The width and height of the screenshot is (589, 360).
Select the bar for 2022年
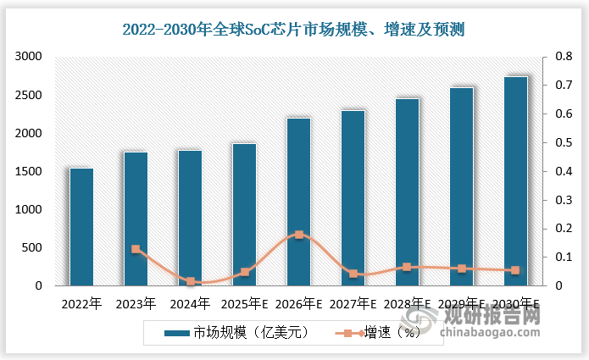point(81,227)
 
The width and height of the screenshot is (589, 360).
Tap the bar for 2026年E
point(298,202)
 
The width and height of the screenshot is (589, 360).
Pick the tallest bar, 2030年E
point(515,181)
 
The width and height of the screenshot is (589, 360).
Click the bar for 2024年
point(190,218)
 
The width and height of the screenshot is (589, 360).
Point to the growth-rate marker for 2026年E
point(298,235)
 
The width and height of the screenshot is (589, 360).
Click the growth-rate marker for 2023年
point(136,249)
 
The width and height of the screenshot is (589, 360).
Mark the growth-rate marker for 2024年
point(190,281)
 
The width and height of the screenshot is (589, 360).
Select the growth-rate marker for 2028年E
point(407,267)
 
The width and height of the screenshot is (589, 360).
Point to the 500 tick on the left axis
point(33,248)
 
